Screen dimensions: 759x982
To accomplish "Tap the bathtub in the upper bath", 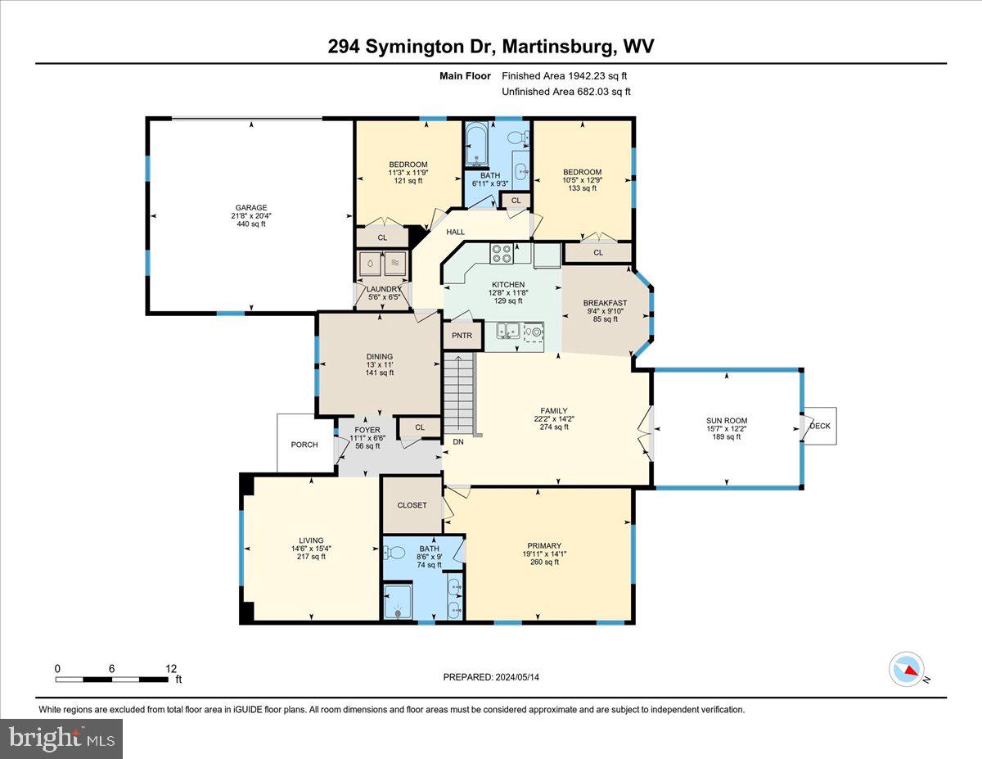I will tap(475, 147).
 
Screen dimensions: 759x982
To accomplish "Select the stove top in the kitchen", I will tap(501, 254).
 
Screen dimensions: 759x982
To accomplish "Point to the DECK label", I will tap(819, 426).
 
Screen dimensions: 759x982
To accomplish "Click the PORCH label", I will tap(304, 445).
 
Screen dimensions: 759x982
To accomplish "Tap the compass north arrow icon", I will tap(906, 669).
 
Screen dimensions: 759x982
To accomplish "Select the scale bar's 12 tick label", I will tap(170, 668).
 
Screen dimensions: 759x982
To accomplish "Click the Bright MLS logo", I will tap(62, 739).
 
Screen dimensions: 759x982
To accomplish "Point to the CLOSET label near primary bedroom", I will tap(412, 505).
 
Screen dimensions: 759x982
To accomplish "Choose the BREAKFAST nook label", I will tap(605, 303).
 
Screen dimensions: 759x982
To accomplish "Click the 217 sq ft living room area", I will tap(311, 557).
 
